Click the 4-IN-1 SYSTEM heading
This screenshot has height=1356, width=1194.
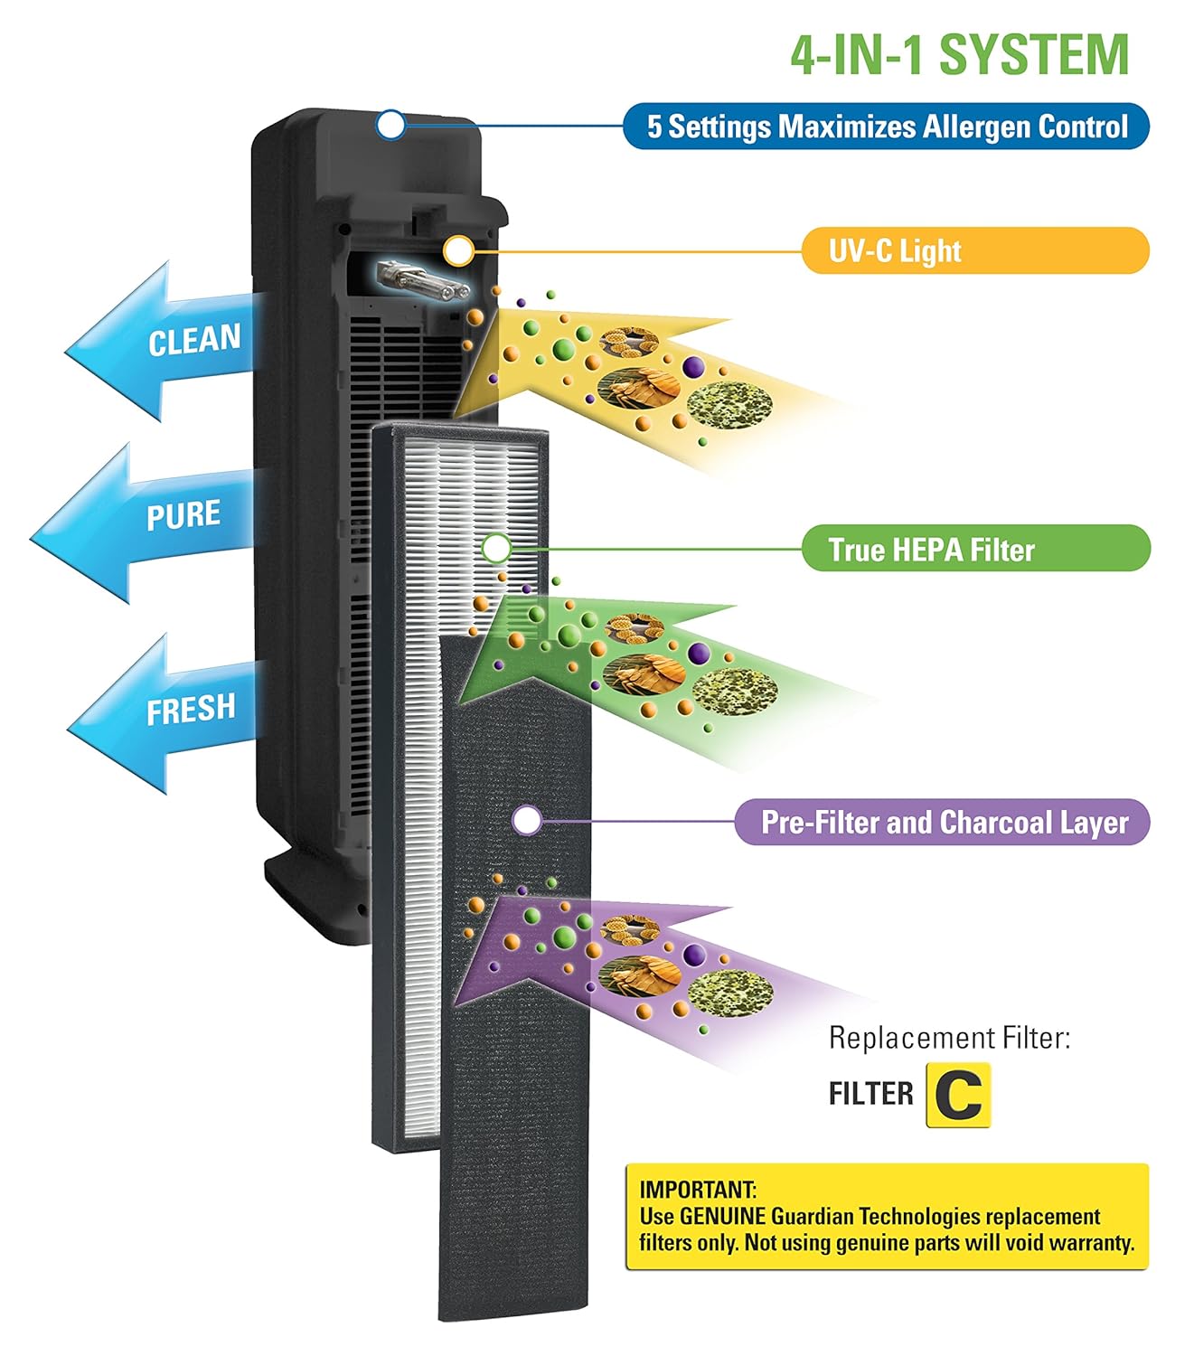point(959,55)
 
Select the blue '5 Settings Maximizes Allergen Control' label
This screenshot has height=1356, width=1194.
point(886,126)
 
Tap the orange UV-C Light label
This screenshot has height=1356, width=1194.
point(975,250)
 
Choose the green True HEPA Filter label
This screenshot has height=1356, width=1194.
point(976,548)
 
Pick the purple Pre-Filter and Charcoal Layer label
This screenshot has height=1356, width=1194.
point(943,821)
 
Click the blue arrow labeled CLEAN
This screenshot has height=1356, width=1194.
point(161,341)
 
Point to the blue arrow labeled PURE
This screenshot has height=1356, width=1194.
point(144,523)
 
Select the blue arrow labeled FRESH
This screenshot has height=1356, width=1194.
point(163,712)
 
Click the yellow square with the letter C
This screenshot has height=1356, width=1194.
point(958,1096)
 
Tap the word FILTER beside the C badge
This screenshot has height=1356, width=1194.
point(870,1094)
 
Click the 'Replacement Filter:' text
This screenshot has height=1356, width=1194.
point(949,1038)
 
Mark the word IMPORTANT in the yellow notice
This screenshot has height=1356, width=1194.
point(698,1190)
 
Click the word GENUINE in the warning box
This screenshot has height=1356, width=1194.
point(723,1216)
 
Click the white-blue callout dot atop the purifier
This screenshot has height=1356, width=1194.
point(390,125)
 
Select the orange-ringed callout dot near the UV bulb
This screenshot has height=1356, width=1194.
point(457,251)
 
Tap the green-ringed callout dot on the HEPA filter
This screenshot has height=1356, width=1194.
point(495,548)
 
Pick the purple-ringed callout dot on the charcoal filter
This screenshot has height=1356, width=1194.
point(527,820)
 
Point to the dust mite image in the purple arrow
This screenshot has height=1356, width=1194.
point(640,976)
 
